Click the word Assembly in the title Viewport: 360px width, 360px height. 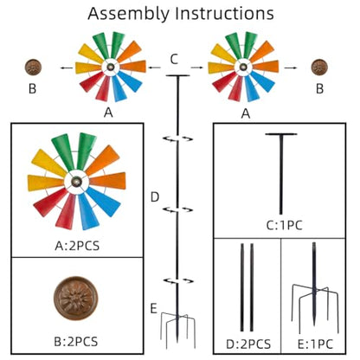click(129, 14)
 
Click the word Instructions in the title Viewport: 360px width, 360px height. click(225, 13)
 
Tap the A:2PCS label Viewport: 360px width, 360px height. click(77, 246)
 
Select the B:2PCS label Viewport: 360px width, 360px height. click(76, 342)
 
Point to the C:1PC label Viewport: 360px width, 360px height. click(285, 225)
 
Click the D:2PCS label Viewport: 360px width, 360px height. click(248, 344)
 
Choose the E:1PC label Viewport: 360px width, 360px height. click(315, 344)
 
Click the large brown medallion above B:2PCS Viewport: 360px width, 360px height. click(76, 299)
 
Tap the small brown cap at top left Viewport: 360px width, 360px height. click(33, 67)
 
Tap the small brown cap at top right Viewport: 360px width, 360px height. click(319, 67)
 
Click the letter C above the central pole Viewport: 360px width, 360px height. click(174, 60)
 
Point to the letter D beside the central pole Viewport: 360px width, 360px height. click(155, 197)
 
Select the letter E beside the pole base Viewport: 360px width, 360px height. click(153, 309)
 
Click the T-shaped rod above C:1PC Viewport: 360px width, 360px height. click(281, 174)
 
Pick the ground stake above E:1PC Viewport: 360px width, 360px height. click(314, 288)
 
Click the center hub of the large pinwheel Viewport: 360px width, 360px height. click(77, 182)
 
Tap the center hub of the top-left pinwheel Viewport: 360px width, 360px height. click(111, 67)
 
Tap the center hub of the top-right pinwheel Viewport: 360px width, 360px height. click(243, 67)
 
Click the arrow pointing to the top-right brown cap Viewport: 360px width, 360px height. click(291, 67)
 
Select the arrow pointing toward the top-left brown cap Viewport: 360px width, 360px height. click(67, 67)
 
